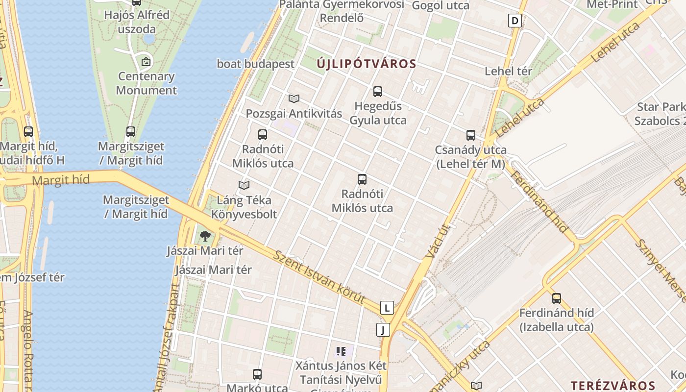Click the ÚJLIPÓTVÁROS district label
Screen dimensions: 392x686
click(x=366, y=64)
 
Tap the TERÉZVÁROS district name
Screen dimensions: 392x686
click(x=613, y=386)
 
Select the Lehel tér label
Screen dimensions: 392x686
click(x=508, y=71)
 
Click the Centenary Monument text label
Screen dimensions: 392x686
click(x=146, y=83)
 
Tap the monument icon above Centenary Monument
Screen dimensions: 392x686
click(x=146, y=62)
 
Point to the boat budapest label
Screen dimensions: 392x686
click(x=256, y=64)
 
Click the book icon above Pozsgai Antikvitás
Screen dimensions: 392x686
click(x=294, y=98)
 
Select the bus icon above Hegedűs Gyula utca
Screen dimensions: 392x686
click(x=378, y=92)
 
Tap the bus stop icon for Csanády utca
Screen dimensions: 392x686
click(x=471, y=135)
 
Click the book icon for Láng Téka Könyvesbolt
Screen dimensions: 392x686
click(x=244, y=185)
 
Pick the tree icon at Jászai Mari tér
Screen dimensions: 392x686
click(x=205, y=237)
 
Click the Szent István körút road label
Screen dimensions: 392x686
click(x=319, y=277)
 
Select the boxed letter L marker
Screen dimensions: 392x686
click(x=387, y=308)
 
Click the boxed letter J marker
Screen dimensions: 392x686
click(x=383, y=330)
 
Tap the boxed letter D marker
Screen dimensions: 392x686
click(x=514, y=21)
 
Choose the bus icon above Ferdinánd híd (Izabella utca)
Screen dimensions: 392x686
click(x=557, y=298)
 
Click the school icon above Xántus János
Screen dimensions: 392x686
click(x=341, y=351)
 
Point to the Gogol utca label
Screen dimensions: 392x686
click(x=441, y=5)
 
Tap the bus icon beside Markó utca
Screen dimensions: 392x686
click(x=257, y=374)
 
